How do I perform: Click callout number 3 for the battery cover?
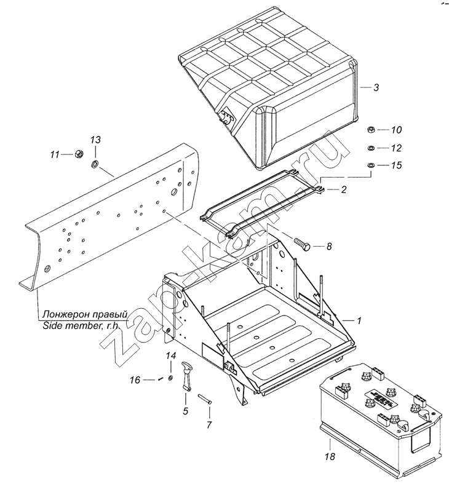pos(376,87)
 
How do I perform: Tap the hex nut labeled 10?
pos(371,129)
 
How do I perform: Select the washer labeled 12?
pos(370,148)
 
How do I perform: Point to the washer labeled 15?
pos(370,165)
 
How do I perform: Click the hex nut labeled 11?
pos(79,154)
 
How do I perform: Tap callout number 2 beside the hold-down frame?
pos(344,190)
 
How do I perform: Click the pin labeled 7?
pos(205,399)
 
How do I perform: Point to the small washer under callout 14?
pos(171,378)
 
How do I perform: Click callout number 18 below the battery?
pos(330,456)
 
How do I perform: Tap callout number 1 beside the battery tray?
pos(359,320)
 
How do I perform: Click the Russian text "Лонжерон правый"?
pos(85,314)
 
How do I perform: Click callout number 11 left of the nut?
pos(55,155)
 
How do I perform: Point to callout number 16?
pos(135,380)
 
